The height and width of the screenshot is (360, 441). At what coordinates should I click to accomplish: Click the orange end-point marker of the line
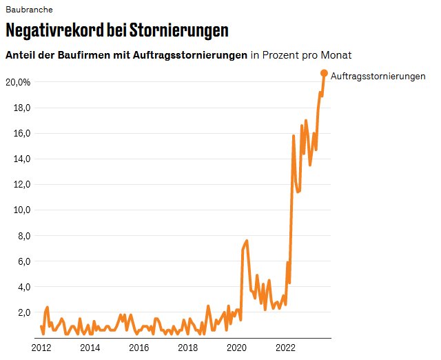(x=325, y=73)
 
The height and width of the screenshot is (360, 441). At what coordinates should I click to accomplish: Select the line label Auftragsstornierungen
(x=378, y=76)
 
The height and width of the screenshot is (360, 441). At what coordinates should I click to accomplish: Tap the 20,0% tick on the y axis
(x=18, y=82)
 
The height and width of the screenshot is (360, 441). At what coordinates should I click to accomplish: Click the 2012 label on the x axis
(x=41, y=347)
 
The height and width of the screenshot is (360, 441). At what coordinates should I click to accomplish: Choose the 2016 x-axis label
(x=139, y=347)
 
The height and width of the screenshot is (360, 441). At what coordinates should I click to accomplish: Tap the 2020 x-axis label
(x=237, y=347)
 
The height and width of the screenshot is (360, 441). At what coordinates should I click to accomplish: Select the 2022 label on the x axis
(x=286, y=347)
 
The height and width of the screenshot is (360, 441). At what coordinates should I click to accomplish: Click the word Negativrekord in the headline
(x=54, y=31)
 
